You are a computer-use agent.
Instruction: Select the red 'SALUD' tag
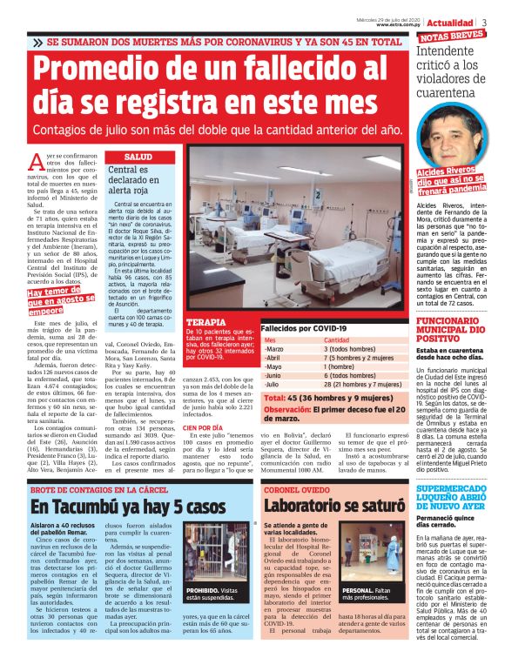click(139, 157)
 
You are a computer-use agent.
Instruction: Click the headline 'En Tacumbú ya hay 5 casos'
click(128, 507)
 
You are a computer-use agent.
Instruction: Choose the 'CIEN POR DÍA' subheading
click(205, 428)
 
